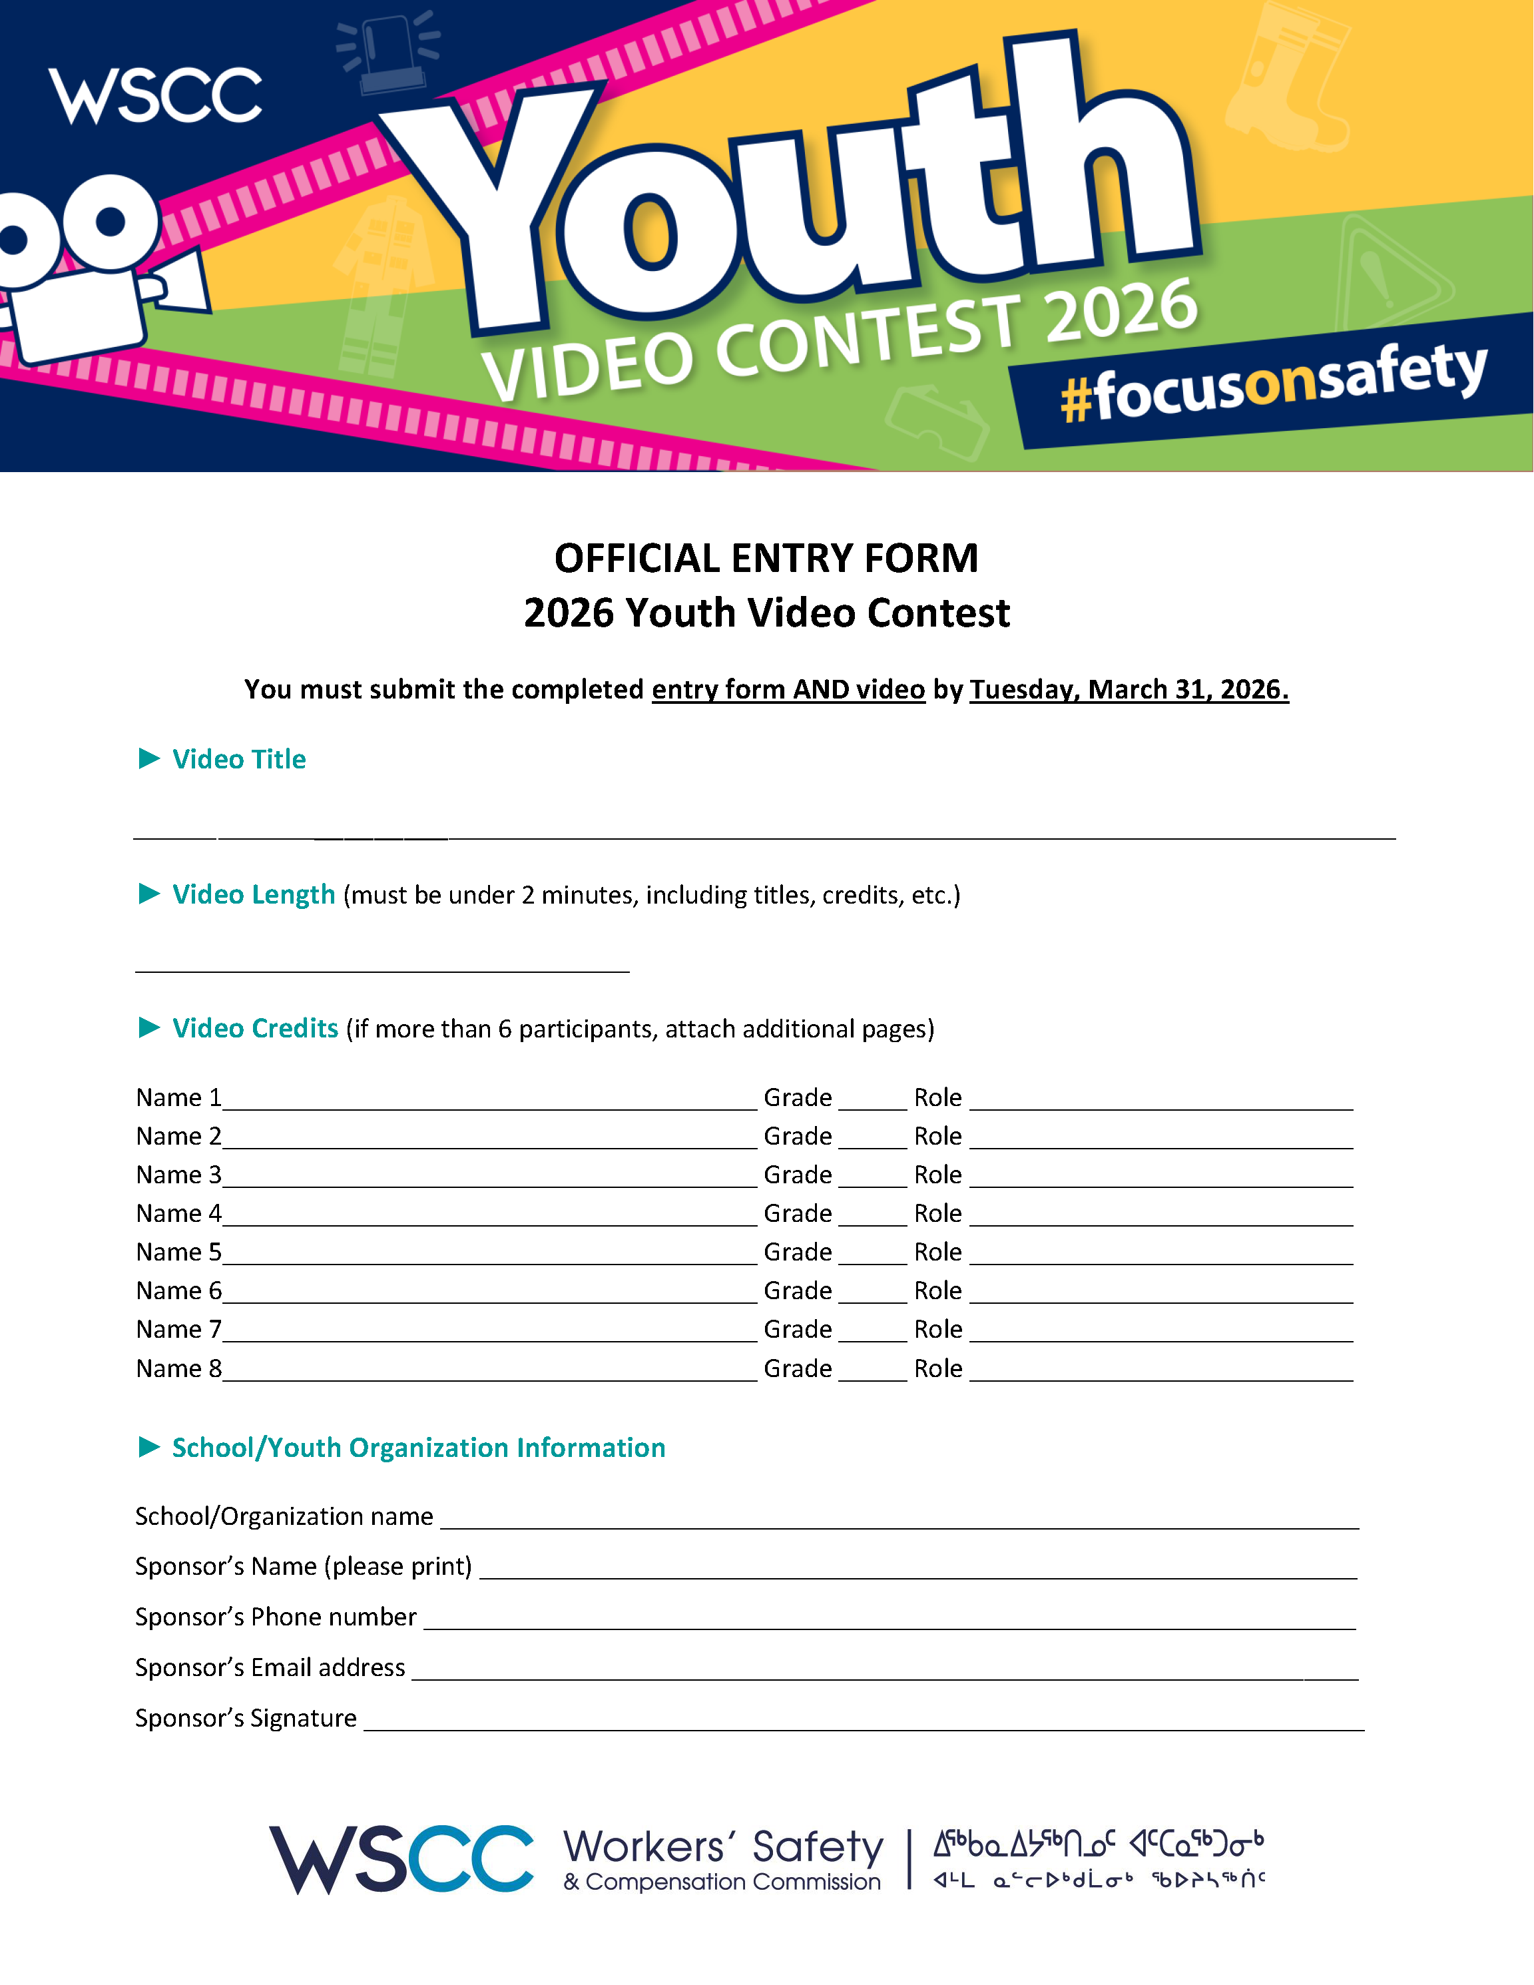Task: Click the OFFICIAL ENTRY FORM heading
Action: coord(766,558)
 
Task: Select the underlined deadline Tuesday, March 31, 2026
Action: coord(1129,690)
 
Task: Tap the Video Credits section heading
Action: coord(256,1028)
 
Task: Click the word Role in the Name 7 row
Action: coord(938,1330)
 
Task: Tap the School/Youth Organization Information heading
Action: coord(418,1448)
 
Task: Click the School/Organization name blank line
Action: coord(899,1522)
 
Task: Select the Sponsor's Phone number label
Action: coord(276,1617)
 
